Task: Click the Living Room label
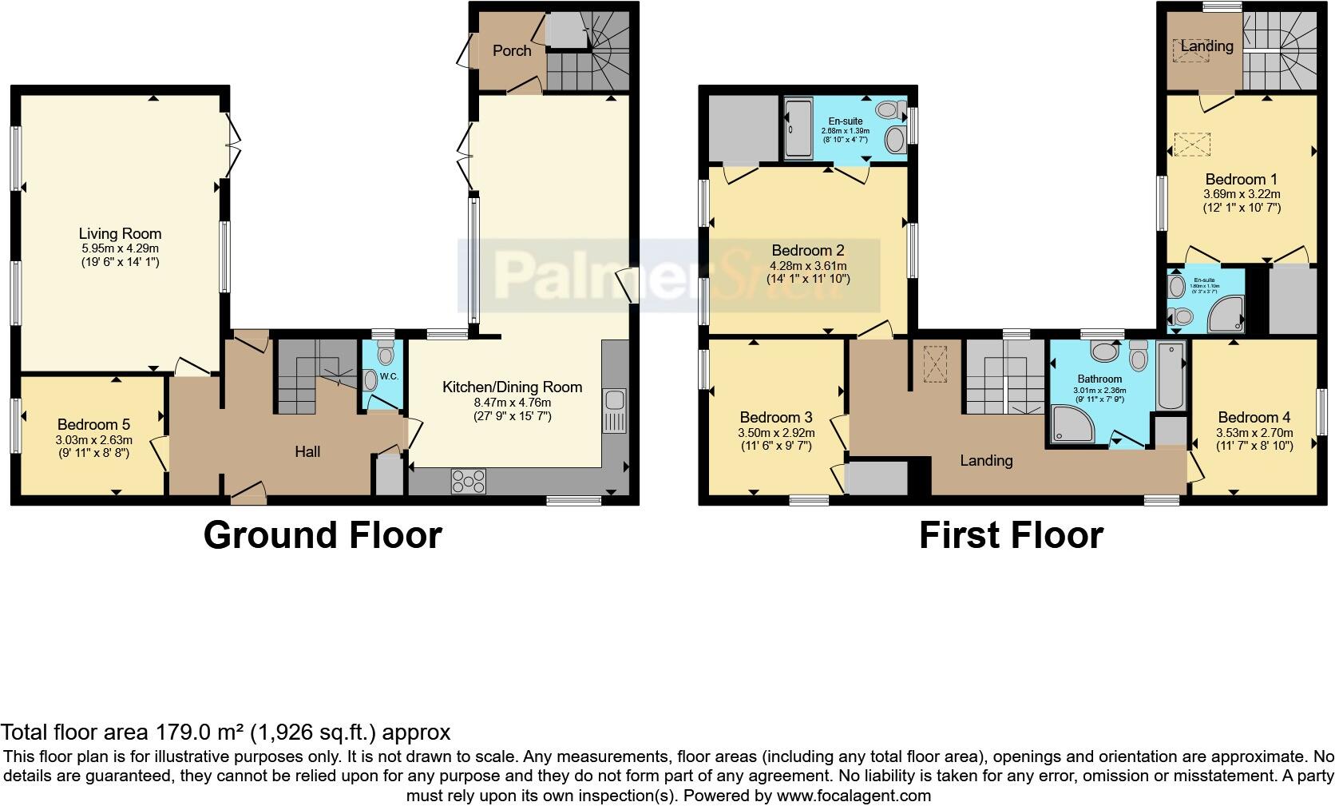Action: [x=120, y=234]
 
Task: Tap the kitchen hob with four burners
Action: [x=469, y=481]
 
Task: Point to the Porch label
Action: [x=512, y=51]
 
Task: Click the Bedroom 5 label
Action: [x=93, y=425]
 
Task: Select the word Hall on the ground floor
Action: [x=307, y=452]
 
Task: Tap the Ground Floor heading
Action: [x=322, y=535]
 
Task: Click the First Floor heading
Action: [x=1011, y=535]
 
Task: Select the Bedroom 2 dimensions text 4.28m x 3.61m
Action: [x=807, y=265]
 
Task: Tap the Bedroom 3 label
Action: [x=775, y=418]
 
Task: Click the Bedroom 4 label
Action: [x=1254, y=418]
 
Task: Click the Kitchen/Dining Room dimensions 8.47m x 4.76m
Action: [x=513, y=402]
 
